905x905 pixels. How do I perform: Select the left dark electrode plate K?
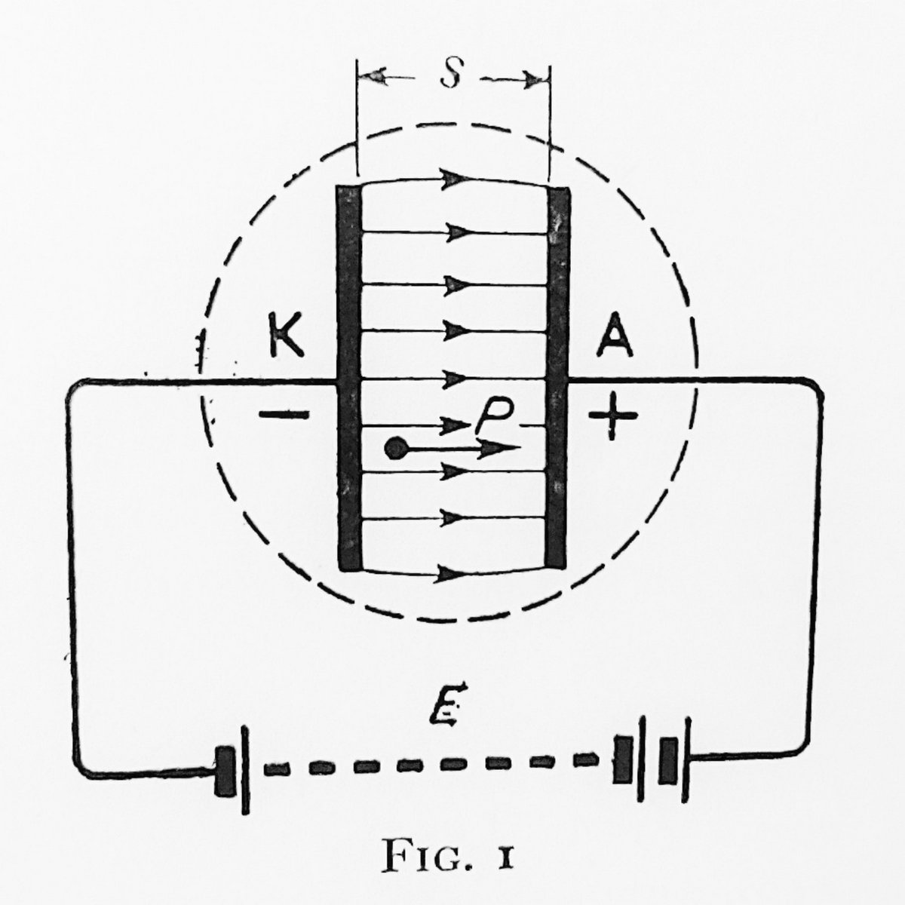pos(349,377)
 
